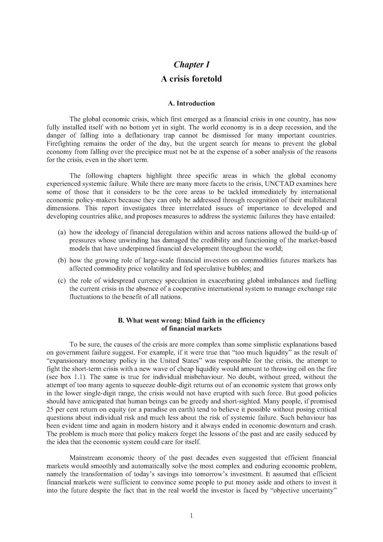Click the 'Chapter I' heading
(x=191, y=64)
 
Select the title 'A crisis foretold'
(x=191, y=79)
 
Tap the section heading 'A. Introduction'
(x=191, y=103)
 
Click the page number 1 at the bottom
(x=191, y=516)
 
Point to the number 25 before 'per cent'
(x=50, y=409)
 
